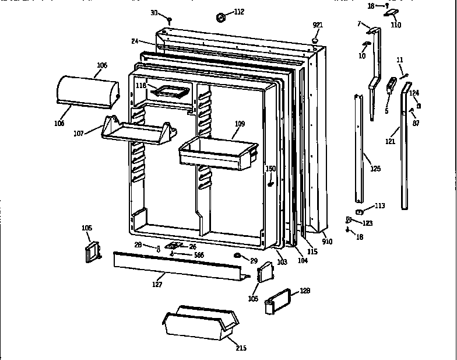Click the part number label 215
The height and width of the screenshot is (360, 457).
(241, 348)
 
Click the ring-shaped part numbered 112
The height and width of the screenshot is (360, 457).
(222, 18)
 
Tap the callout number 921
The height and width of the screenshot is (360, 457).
(317, 25)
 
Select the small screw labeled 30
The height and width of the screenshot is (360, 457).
(169, 21)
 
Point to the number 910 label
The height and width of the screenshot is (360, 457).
(328, 241)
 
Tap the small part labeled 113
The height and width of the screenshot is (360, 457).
(360, 211)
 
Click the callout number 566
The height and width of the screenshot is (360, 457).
(199, 254)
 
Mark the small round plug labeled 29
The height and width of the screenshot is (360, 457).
(237, 257)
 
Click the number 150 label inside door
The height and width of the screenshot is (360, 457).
(270, 169)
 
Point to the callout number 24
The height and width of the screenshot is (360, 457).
(134, 41)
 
